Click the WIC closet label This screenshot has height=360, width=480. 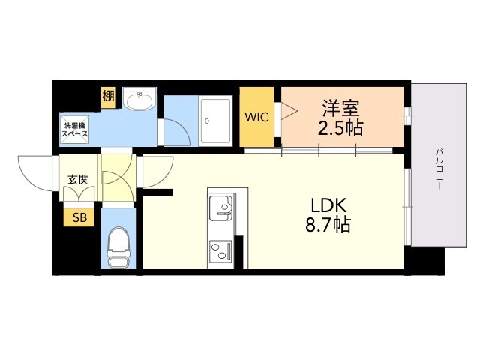(256, 117)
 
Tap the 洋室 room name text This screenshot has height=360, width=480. (340, 108)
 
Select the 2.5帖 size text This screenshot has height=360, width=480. (340, 127)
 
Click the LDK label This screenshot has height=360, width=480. (328, 205)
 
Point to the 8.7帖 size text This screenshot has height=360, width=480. (328, 225)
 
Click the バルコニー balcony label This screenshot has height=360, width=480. (439, 169)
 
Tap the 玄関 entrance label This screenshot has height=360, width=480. (78, 180)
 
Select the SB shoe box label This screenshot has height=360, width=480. (79, 217)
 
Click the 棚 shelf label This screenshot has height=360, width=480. (108, 96)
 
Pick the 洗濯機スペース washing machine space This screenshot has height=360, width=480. (75, 130)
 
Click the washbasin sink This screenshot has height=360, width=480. (140, 98)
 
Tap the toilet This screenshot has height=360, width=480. (118, 247)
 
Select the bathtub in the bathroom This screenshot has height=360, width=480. (215, 121)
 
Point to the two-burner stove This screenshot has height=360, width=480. (220, 251)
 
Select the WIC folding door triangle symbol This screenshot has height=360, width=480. (289, 111)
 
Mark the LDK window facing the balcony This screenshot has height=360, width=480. (407, 207)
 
